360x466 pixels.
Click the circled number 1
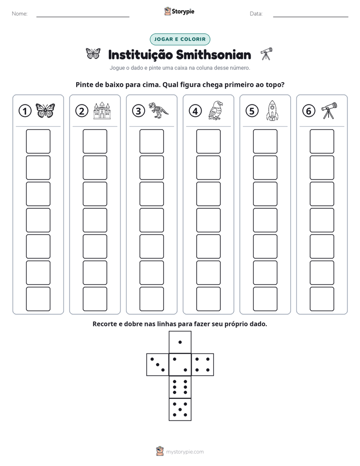tap(25, 111)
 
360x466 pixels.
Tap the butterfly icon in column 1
tap(45, 110)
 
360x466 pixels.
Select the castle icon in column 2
tap(102, 110)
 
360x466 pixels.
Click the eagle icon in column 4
tap(216, 110)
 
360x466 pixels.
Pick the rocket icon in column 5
tap(272, 110)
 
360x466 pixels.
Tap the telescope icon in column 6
tap(329, 110)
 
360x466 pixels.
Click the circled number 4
tap(195, 111)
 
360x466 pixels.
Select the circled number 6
tap(309, 111)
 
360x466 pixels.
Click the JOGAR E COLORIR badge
tap(180, 39)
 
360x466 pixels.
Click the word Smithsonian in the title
tap(213, 55)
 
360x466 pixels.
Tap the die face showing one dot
tap(180, 342)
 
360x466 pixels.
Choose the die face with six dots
tap(180, 387)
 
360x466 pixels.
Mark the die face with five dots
tap(180, 410)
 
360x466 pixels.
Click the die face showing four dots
tap(203, 365)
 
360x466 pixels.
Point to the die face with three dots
tap(158, 365)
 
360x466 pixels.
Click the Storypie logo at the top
tap(179, 11)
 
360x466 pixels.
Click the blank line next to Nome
tap(83, 17)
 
